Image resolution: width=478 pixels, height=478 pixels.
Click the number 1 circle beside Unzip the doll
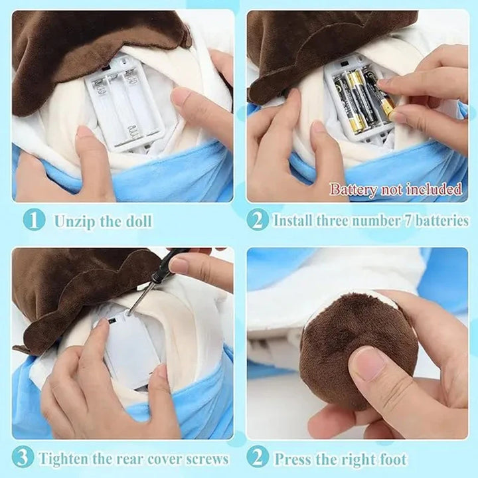(x=34, y=220)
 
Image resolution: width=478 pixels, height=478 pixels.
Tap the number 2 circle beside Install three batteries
(x=258, y=220)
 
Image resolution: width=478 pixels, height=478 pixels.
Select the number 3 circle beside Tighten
(x=23, y=458)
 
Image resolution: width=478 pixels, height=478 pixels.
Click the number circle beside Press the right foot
(x=258, y=458)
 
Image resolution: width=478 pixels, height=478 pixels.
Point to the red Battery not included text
(x=396, y=189)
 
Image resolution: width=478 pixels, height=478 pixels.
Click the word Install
(x=296, y=220)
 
